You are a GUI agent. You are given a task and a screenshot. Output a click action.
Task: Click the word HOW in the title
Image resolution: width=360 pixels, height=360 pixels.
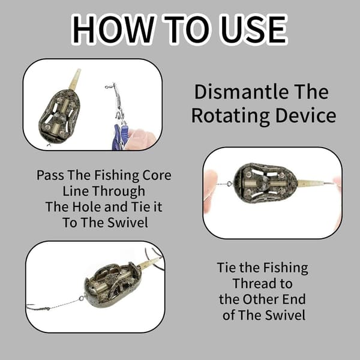[113, 29]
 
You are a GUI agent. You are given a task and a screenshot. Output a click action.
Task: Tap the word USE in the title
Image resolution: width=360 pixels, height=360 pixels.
[250, 29]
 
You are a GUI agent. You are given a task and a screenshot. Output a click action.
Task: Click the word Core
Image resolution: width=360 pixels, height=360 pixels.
[157, 175]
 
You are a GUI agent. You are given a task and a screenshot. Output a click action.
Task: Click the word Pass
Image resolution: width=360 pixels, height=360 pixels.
[50, 175]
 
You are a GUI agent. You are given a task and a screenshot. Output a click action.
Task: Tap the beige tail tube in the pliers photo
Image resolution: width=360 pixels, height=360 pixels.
[75, 79]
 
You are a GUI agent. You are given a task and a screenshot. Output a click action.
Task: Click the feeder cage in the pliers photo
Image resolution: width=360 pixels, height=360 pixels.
[59, 116]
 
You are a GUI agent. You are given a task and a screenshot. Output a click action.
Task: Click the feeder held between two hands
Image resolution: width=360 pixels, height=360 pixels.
[266, 183]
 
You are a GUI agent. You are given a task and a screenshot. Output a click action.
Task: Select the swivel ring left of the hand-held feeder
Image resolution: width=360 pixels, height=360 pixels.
[229, 184]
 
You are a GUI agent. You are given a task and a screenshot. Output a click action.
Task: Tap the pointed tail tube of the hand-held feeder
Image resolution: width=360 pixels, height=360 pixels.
[314, 183]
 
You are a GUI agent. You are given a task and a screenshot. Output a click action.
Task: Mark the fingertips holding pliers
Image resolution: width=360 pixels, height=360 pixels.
[140, 139]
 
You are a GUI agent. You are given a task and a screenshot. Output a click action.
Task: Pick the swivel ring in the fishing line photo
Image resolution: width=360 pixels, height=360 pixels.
[82, 298]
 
